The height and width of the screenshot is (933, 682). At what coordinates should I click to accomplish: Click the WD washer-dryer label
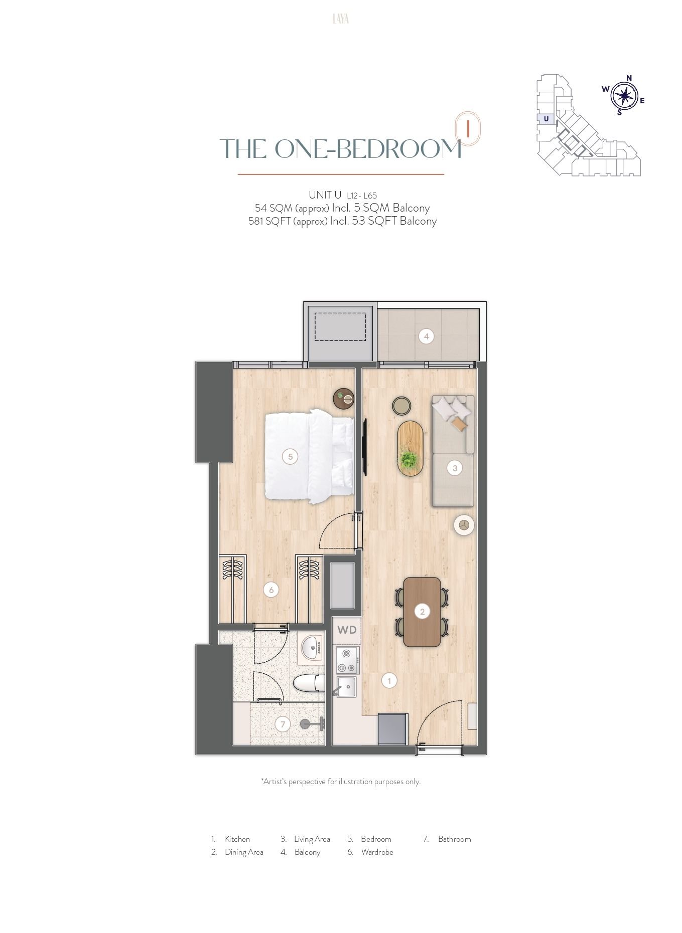point(347,630)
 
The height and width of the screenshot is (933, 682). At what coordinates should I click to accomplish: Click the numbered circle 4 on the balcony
point(426,336)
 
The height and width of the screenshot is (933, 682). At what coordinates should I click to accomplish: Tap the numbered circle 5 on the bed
point(290,456)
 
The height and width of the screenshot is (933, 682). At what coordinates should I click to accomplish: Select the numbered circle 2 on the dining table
point(422,611)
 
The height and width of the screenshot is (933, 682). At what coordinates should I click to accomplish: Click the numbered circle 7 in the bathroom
point(283,724)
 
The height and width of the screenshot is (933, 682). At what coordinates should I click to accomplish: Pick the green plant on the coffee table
point(408,458)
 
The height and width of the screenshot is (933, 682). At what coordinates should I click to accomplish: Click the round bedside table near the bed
point(344,399)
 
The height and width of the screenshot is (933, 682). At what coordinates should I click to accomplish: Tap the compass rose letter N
point(629,78)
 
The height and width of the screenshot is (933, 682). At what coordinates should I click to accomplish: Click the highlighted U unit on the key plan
point(546,119)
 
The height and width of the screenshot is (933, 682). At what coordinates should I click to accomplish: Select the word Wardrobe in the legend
point(377,852)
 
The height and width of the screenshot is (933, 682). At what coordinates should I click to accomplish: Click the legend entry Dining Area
point(244,852)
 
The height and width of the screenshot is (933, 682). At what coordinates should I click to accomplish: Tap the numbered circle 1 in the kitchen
point(389,680)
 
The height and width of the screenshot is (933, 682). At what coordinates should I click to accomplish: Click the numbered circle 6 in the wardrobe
point(271,590)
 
